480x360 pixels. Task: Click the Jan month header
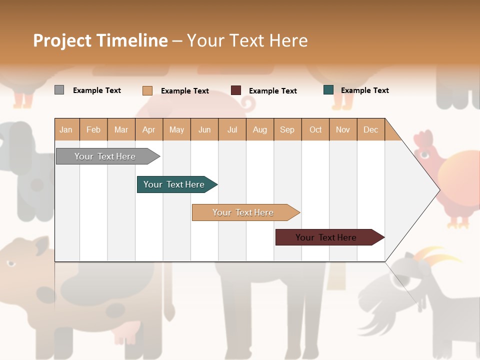(x=66, y=129)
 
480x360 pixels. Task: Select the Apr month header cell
(x=149, y=129)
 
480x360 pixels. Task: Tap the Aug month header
(x=259, y=129)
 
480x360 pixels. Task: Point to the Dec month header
(x=370, y=129)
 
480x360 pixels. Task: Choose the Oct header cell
(x=315, y=129)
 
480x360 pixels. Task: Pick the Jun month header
(x=204, y=129)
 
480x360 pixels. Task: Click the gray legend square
(x=59, y=90)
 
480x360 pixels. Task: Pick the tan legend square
(x=147, y=90)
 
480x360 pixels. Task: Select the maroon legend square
(x=236, y=90)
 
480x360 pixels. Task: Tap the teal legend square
(x=328, y=90)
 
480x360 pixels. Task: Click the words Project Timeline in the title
(x=100, y=40)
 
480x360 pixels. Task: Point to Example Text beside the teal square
(x=364, y=90)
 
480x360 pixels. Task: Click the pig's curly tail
(x=247, y=104)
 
